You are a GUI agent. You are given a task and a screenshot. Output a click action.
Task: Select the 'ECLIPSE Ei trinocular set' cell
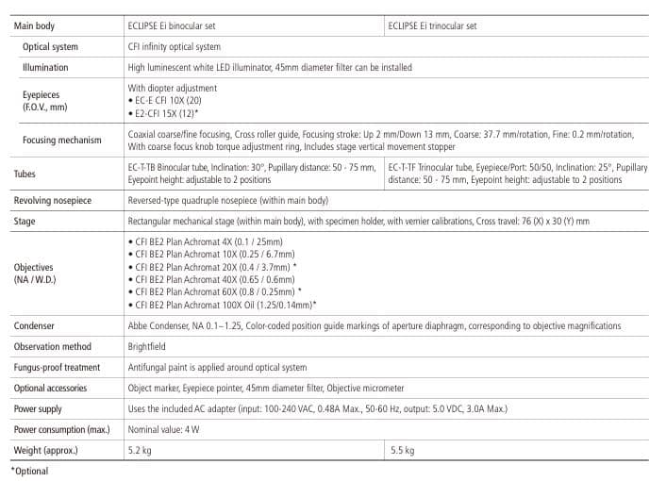point(432,25)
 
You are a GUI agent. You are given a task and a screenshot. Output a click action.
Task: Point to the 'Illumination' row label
point(45,68)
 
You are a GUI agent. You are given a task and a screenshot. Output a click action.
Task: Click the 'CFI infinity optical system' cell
point(174,46)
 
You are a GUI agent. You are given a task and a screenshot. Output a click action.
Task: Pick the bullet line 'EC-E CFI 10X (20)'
point(164,100)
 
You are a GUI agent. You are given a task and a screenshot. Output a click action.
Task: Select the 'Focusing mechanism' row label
point(61,141)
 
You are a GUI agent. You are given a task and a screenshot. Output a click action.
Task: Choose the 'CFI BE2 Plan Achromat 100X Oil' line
point(222,305)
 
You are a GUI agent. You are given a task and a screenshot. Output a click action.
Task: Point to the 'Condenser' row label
point(34,325)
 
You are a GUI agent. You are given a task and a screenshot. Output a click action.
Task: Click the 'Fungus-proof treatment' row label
point(58,367)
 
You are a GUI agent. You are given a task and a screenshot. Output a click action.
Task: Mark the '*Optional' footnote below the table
point(29,471)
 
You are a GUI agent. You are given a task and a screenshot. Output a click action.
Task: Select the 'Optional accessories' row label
point(50,388)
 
